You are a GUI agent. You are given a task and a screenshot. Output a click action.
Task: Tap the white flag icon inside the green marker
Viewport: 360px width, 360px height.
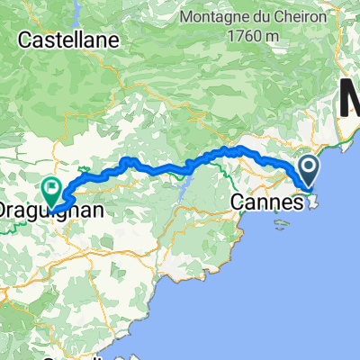pos(51,190)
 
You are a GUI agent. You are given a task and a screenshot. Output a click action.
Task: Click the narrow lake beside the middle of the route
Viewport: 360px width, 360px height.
pos(185,189)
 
